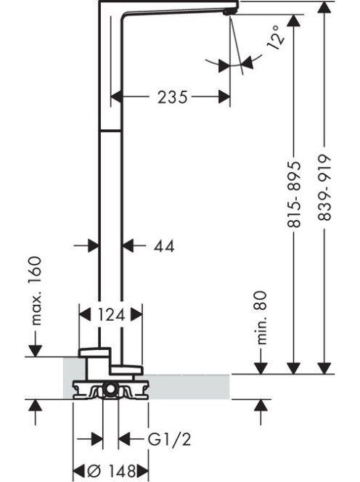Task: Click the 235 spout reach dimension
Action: pos(172,97)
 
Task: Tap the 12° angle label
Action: pos(276,37)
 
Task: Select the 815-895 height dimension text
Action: pos(294,195)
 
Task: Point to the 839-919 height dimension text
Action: pos(324,187)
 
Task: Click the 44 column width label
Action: pos(164,246)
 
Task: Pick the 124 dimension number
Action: pos(111,315)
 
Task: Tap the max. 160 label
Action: pos(36,290)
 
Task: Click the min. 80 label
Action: pos(261,317)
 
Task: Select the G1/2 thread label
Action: pos(169,439)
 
